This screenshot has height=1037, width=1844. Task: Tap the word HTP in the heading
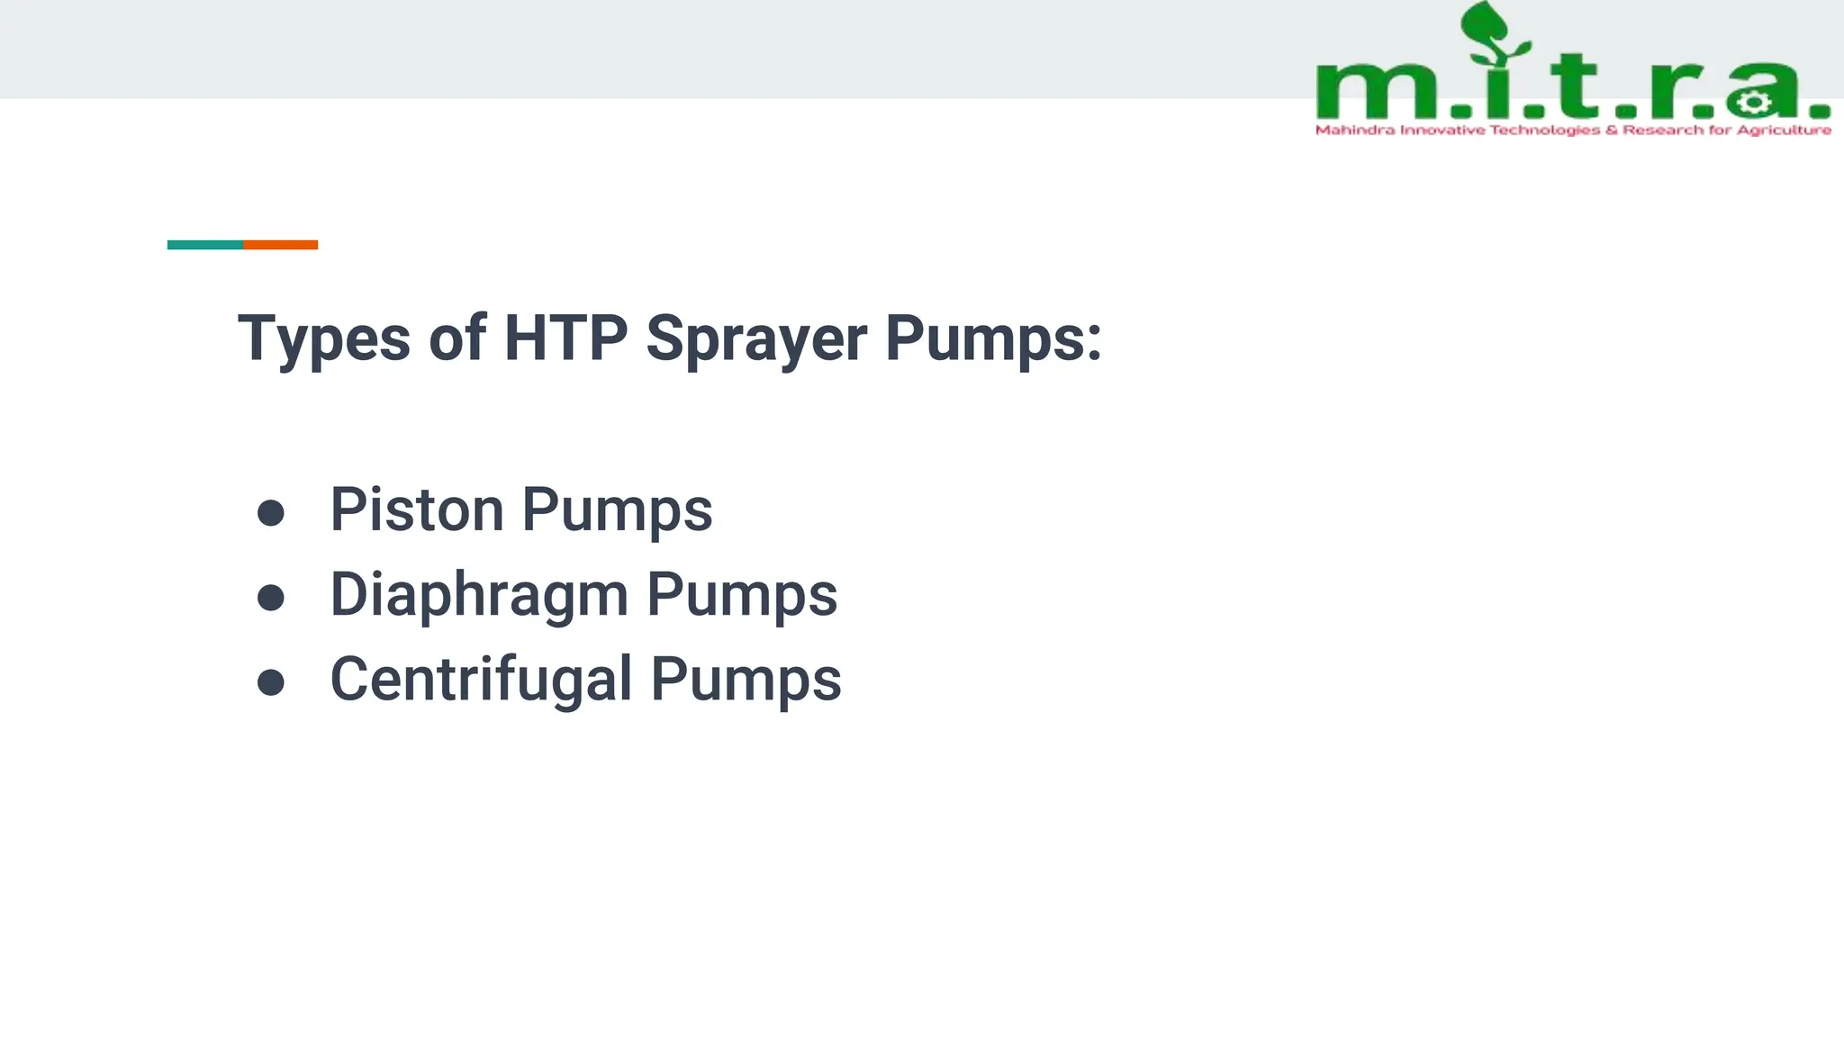tap(565, 339)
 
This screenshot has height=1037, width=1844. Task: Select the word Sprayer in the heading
tap(756, 339)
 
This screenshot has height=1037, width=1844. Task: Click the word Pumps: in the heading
tap(993, 339)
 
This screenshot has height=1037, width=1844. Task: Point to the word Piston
tap(416, 509)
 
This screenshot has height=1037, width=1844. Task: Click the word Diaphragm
tap(479, 595)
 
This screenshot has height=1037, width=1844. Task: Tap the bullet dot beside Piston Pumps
tap(271, 513)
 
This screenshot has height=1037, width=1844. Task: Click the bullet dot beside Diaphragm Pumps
tap(271, 598)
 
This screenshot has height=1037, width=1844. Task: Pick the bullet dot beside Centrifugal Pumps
tap(271, 682)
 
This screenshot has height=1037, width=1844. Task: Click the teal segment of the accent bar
tap(205, 245)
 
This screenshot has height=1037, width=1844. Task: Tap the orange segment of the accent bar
tap(280, 245)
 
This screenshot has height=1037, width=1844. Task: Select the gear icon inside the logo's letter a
tap(1752, 103)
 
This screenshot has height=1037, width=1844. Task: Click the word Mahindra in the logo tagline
tap(1355, 131)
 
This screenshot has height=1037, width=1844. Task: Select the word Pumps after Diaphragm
tap(742, 595)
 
